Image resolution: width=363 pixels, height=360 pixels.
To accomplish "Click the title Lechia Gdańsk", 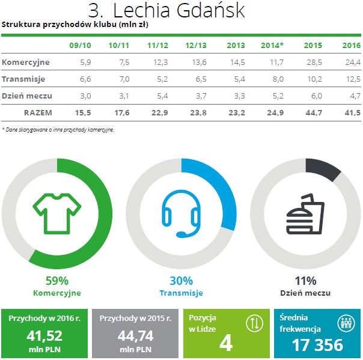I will pyautogui.click(x=166, y=11).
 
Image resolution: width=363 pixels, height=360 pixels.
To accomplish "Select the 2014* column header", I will pyautogui.click(x=272, y=45).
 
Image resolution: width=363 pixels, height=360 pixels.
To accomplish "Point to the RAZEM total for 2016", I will pyautogui.click(x=351, y=112).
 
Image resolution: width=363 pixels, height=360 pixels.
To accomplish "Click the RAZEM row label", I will pyautogui.click(x=37, y=112).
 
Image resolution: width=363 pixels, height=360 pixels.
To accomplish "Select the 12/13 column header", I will pyautogui.click(x=196, y=45).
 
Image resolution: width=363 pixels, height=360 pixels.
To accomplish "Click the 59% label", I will pyautogui.click(x=57, y=281).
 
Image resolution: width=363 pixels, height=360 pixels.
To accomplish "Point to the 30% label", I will pyautogui.click(x=181, y=281).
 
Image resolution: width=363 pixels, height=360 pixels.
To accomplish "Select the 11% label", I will pyautogui.click(x=305, y=281).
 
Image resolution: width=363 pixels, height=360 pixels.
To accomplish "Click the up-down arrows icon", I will pyautogui.click(x=254, y=323).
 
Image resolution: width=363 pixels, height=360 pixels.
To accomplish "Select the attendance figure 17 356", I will pyautogui.click(x=318, y=345).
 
